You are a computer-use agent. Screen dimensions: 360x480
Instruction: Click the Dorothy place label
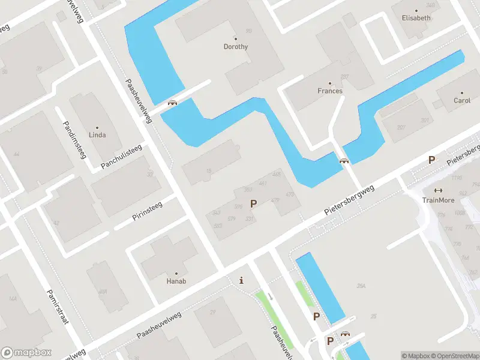236,47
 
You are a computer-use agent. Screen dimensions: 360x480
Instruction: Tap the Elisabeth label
416,18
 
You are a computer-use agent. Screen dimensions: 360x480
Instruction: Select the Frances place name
330,91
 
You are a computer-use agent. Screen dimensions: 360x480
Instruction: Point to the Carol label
462,101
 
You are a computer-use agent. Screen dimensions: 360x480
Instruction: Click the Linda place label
97,135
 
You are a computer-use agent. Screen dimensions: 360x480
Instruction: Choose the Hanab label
176,281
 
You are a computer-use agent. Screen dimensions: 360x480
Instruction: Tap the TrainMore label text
438,200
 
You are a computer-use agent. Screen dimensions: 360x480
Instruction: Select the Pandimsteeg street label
74,140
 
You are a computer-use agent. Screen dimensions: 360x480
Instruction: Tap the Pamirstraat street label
58,306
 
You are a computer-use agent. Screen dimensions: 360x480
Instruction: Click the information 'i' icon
241,280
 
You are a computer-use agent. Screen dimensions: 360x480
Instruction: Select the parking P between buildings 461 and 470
254,203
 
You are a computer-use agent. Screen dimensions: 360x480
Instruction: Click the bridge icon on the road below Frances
344,161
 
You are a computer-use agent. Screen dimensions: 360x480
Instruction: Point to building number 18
209,171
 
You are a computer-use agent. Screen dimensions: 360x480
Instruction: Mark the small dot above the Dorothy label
236,38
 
